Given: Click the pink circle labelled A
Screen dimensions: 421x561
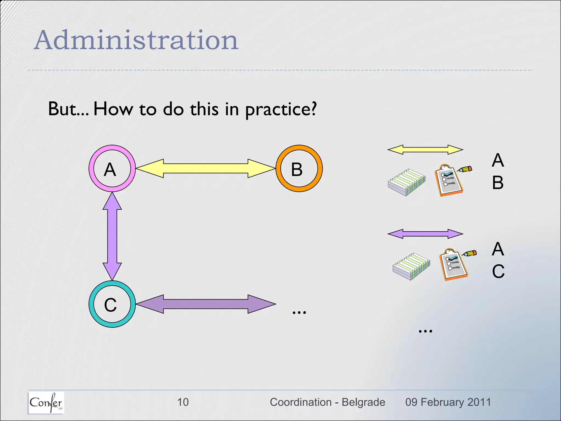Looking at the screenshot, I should click(x=112, y=168).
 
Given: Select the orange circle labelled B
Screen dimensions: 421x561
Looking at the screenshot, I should click(x=299, y=168).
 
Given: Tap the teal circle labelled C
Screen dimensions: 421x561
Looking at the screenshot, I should click(x=112, y=304).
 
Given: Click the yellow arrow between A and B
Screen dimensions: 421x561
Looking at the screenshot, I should click(x=205, y=168).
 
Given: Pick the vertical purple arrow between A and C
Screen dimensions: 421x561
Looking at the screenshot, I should click(x=112, y=236).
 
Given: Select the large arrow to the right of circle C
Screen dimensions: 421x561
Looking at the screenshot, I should click(x=205, y=304).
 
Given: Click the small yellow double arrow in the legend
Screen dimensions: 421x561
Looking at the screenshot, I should click(x=425, y=150).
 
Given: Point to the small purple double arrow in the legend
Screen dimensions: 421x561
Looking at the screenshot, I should click(x=425, y=234).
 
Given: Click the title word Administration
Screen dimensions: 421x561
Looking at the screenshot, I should click(x=136, y=40).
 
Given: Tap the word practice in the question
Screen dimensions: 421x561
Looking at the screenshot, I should click(x=280, y=109).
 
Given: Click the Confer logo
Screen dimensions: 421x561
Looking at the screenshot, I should click(x=46, y=402).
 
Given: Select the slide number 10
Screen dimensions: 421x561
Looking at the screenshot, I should click(x=183, y=402).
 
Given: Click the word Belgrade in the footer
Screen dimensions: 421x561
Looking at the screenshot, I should click(x=363, y=402).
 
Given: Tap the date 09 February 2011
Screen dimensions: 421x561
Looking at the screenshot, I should click(x=448, y=402).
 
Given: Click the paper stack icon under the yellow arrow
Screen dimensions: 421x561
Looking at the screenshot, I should click(x=407, y=182).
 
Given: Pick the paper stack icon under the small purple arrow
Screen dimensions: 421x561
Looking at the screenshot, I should click(x=411, y=266).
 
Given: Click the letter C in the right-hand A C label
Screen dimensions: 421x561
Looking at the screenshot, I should click(x=498, y=271).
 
